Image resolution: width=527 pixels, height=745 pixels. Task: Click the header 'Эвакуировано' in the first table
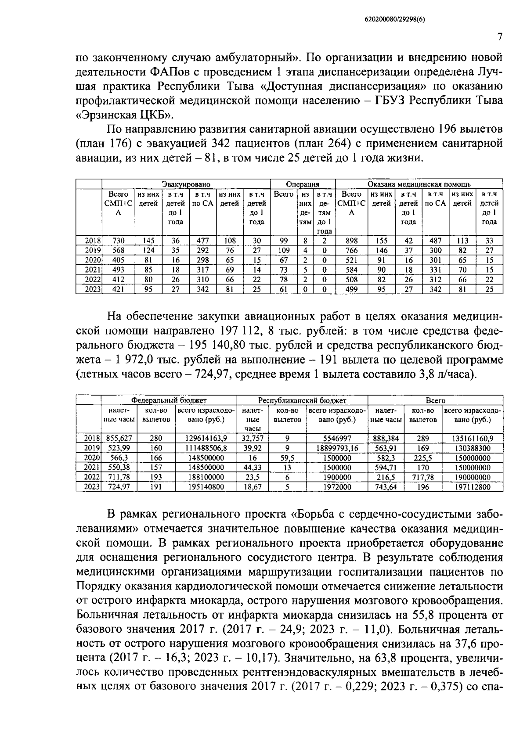(x=186, y=184)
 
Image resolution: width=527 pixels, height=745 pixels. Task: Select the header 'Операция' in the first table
(x=302, y=184)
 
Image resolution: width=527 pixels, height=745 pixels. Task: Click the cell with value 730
(x=119, y=241)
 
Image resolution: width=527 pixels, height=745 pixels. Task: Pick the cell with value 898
(x=351, y=241)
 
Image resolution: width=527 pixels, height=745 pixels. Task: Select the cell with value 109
(x=284, y=250)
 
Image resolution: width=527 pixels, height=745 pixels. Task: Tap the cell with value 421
(x=119, y=289)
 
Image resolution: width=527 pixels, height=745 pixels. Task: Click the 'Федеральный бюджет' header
(x=169, y=400)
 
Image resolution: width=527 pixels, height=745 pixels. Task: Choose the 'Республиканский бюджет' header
(x=302, y=400)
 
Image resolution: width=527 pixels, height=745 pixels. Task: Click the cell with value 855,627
(x=116, y=438)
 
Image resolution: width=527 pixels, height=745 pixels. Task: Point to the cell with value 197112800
(x=473, y=486)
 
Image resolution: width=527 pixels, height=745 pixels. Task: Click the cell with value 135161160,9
(x=473, y=438)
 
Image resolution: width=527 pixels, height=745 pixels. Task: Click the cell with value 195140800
(x=206, y=486)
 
